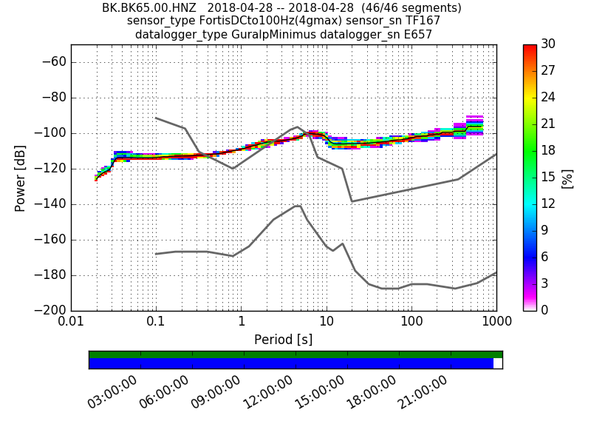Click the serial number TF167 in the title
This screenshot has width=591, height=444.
point(423,21)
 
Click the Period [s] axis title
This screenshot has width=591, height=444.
point(283,340)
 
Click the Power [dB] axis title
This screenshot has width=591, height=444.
point(21,178)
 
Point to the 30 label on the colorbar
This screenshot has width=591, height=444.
point(549,44)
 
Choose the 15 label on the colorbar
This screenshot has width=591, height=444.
point(549,177)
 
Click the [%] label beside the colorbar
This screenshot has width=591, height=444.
point(567,178)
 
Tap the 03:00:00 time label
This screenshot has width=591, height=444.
point(112,392)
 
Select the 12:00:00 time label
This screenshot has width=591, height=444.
point(267,392)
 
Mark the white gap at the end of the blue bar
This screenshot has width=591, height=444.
point(498,363)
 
